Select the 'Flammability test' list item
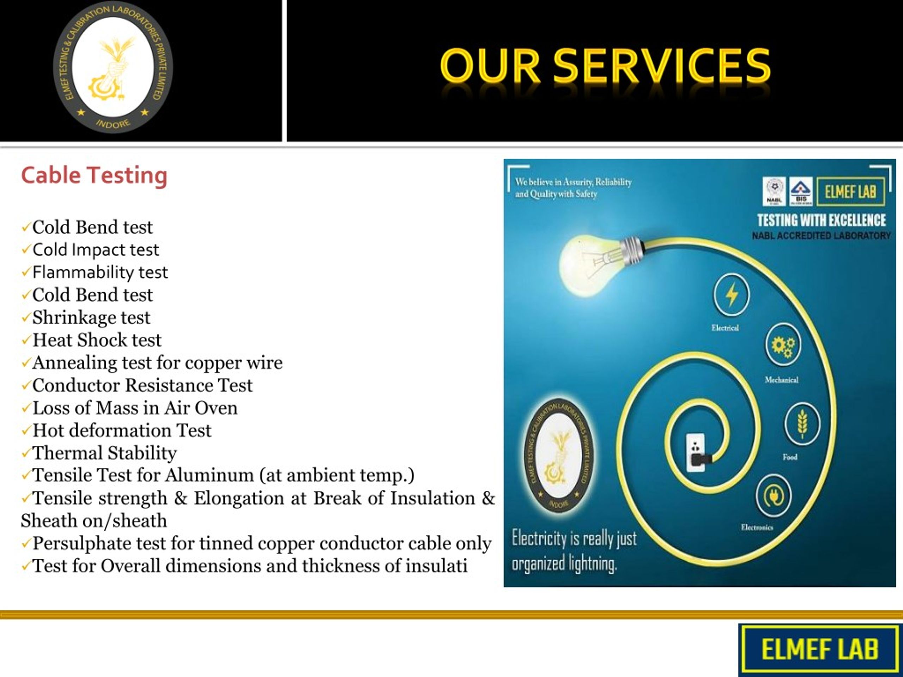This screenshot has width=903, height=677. click(x=100, y=272)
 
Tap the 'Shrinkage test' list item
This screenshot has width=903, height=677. click(x=91, y=317)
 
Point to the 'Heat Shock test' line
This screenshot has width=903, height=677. click(x=97, y=340)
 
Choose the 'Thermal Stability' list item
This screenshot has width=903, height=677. click(x=104, y=452)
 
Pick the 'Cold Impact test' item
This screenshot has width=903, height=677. click(x=96, y=250)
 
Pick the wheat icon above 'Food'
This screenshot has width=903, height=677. click(x=802, y=424)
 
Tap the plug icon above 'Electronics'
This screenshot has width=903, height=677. click(x=773, y=496)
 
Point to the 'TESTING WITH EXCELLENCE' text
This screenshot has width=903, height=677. click(x=822, y=220)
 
